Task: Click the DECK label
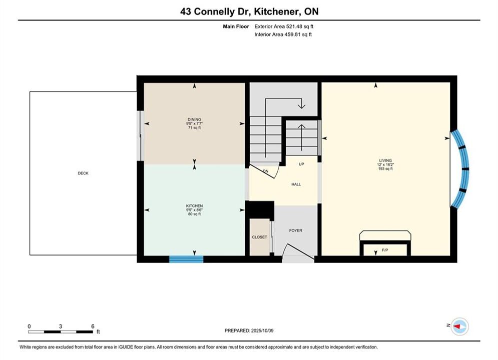(x=83, y=173)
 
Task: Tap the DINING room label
(x=194, y=119)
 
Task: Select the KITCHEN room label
(x=194, y=206)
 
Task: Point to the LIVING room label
(x=385, y=160)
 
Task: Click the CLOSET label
(x=259, y=237)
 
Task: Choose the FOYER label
(x=296, y=230)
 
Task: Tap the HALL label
(x=296, y=184)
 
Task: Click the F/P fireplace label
(x=385, y=250)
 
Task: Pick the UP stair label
(x=301, y=164)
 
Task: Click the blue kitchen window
(x=186, y=259)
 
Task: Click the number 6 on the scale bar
(x=93, y=326)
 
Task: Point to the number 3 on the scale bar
(x=61, y=326)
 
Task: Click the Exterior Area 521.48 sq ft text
(x=284, y=26)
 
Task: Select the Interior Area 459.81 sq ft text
(x=283, y=34)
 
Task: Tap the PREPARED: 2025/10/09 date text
(x=249, y=330)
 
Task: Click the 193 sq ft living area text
(x=385, y=168)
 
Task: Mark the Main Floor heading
(x=236, y=26)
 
